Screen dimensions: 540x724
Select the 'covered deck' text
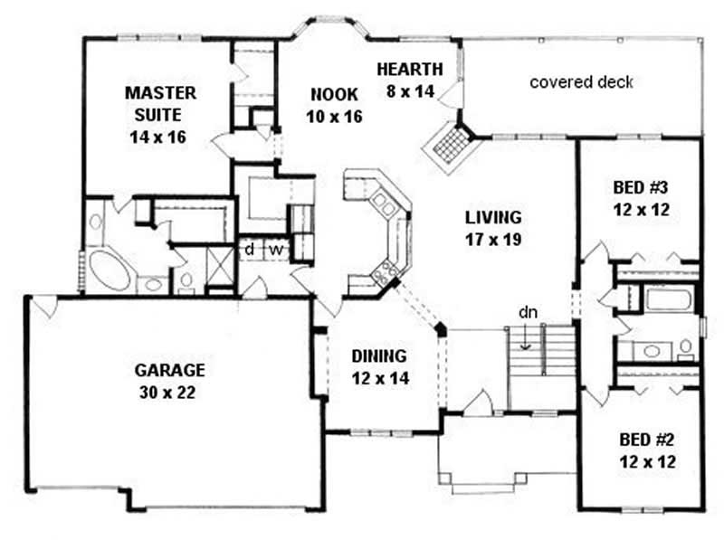pos(581,82)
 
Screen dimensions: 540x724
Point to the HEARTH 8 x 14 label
pos(410,79)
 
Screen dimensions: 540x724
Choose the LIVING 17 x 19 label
pos(493,228)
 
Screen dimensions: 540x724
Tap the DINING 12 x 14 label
pos(380,366)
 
